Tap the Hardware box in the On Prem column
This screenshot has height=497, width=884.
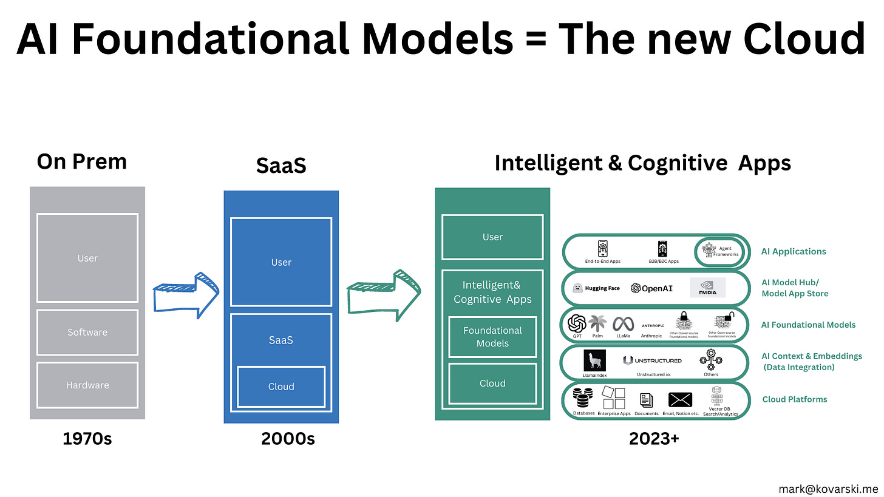(87, 385)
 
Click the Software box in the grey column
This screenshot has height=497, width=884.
(87, 333)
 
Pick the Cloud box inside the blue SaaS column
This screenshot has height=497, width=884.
(281, 387)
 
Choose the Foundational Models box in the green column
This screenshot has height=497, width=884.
(492, 337)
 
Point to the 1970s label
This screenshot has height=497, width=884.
(87, 439)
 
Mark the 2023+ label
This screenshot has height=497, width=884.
(654, 439)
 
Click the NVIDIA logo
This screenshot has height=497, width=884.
(707, 288)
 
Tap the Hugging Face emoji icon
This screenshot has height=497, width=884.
(578, 288)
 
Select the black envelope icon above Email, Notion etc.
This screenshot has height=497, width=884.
(680, 399)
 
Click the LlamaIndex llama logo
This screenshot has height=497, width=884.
(595, 360)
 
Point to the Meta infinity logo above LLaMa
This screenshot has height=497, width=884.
(623, 324)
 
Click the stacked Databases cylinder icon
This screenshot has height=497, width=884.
(583, 399)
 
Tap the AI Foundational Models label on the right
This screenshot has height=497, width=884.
(808, 325)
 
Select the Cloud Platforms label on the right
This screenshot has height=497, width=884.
(795, 399)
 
